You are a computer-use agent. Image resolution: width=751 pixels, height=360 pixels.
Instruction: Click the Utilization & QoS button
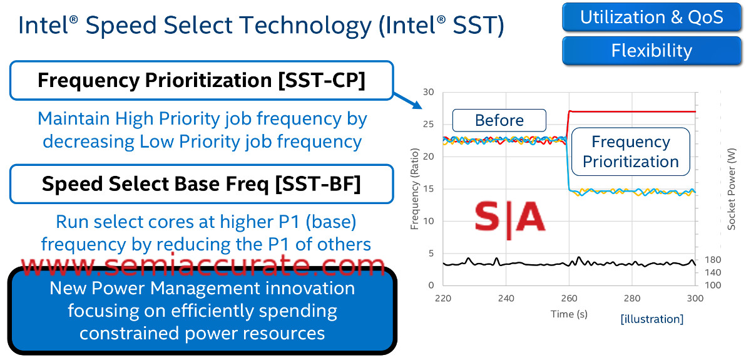click(651, 17)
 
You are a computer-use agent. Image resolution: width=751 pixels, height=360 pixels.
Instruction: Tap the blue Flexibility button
click(651, 51)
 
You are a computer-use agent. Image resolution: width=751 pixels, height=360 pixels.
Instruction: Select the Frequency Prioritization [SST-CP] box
click(202, 81)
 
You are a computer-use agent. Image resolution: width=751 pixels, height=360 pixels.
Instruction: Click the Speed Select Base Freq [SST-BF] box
click(202, 184)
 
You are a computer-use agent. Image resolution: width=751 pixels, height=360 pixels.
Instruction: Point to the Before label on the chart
click(499, 120)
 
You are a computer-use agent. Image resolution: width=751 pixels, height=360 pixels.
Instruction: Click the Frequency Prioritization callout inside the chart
click(631, 152)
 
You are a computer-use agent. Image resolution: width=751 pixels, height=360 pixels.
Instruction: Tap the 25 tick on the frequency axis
click(428, 124)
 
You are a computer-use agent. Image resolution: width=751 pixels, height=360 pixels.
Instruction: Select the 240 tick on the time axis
click(506, 298)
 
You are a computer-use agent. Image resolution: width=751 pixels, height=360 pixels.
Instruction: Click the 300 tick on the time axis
click(695, 298)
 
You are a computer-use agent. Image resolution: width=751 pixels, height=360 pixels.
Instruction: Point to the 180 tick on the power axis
click(712, 260)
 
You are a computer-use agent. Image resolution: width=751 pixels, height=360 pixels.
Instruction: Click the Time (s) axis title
click(569, 314)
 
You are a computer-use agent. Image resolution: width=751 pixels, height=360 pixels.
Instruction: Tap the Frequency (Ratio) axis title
click(415, 189)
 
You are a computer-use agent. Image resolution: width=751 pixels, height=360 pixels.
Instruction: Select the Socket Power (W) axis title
click(731, 189)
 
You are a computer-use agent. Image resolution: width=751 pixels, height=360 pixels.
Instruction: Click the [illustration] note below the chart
click(651, 319)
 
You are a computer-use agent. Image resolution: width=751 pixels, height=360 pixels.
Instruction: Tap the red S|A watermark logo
click(509, 217)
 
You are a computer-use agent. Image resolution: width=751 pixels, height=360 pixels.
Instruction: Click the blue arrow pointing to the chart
click(407, 101)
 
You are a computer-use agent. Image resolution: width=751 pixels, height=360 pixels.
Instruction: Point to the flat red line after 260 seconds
click(632, 111)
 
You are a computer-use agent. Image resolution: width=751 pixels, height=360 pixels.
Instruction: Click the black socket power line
click(570, 263)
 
